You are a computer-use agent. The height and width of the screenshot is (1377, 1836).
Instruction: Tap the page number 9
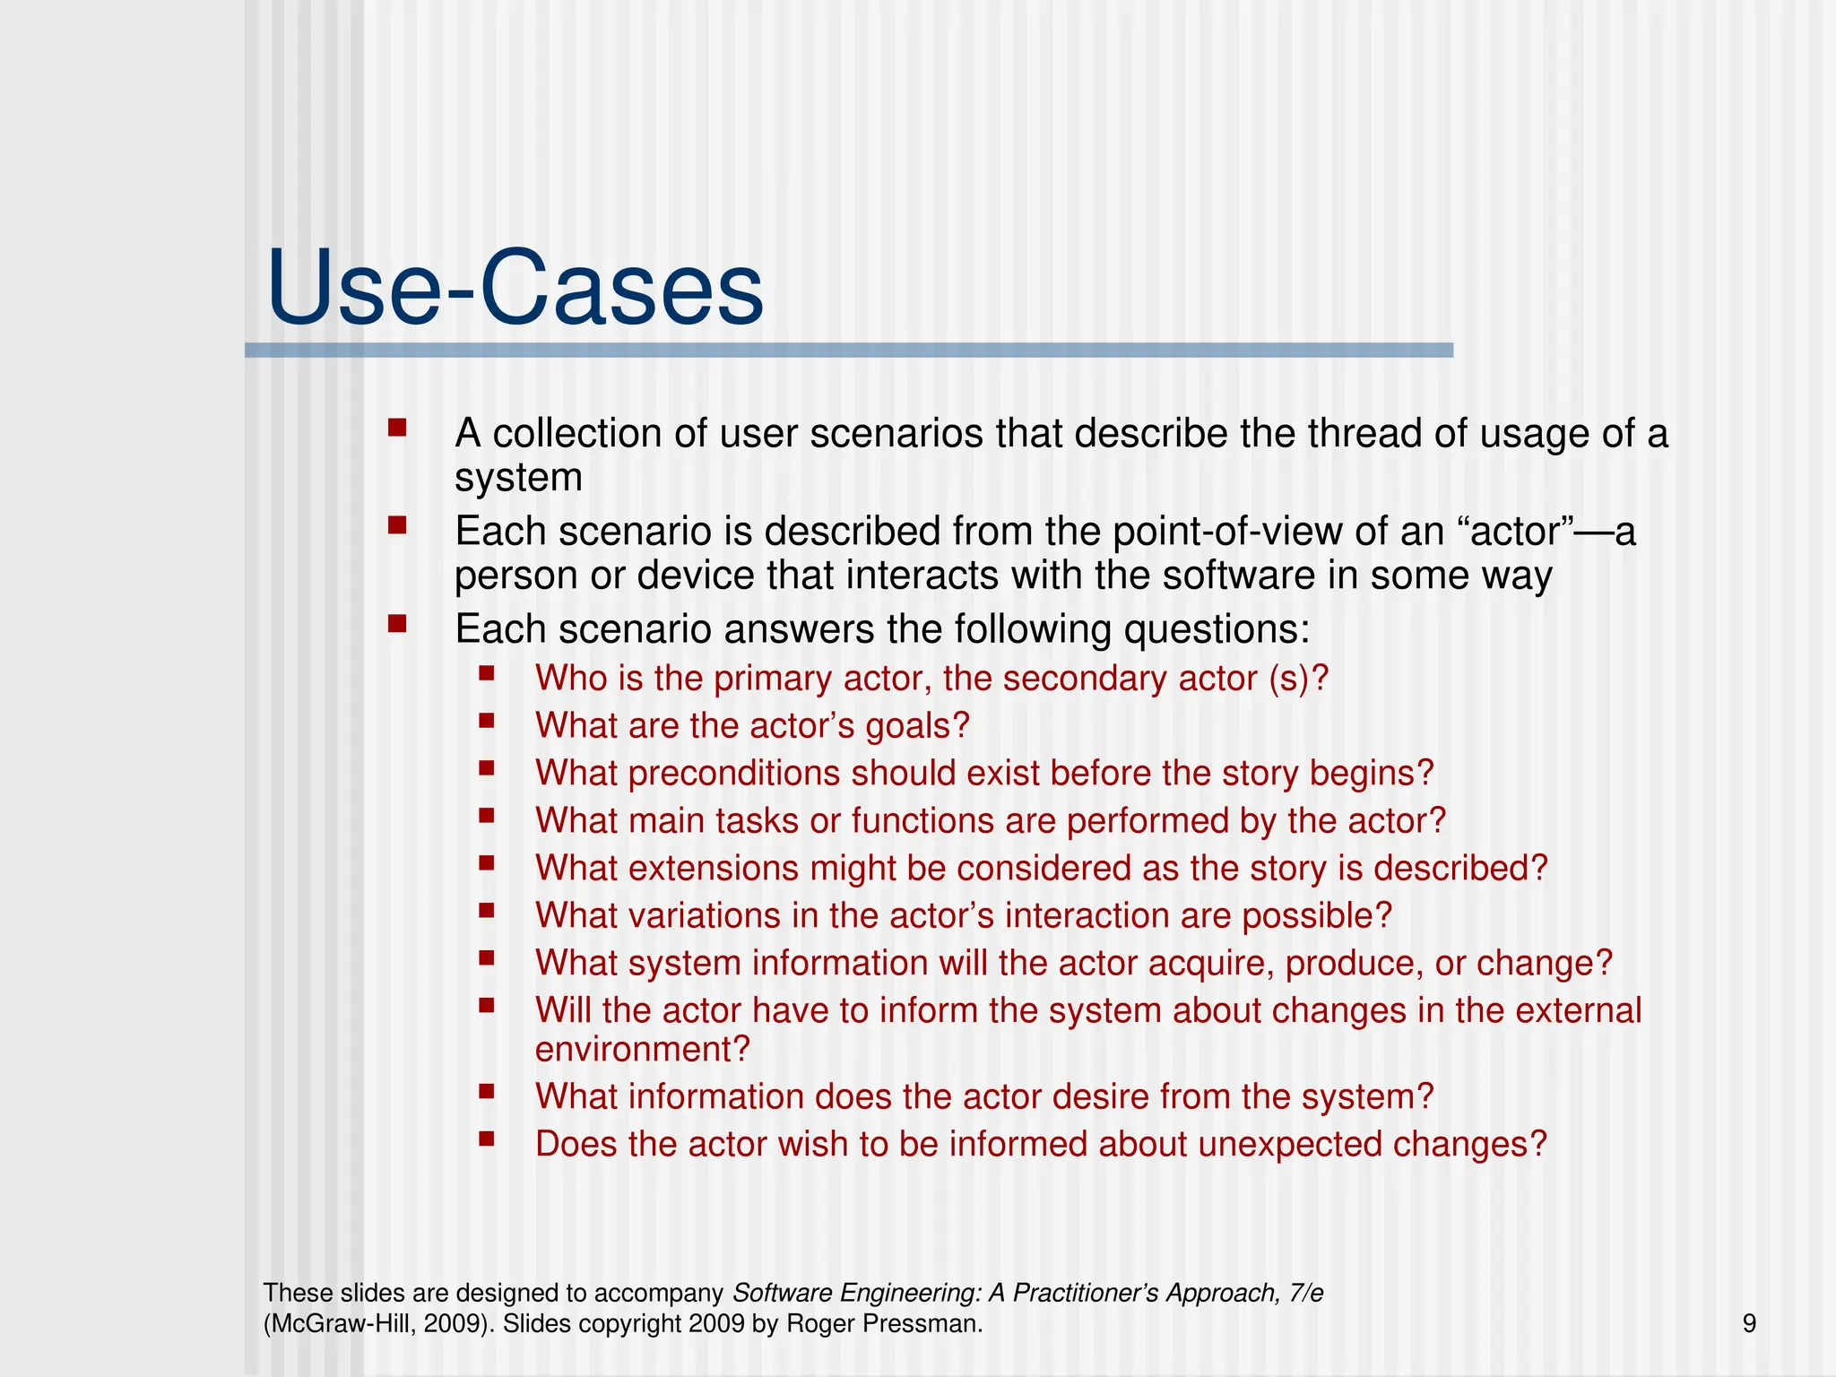point(1749,1324)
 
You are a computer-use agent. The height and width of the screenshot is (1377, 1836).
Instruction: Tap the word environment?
point(642,1050)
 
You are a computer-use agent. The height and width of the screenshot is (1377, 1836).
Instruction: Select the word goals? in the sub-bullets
point(917,726)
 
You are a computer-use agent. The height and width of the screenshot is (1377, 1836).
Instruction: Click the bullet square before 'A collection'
point(397,428)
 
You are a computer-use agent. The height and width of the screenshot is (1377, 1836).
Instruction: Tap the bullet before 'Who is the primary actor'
point(487,672)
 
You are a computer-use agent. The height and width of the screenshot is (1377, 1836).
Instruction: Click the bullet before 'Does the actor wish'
point(487,1139)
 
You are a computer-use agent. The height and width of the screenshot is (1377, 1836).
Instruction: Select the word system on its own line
point(518,478)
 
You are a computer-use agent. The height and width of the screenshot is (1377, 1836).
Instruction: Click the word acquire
point(1210,964)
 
